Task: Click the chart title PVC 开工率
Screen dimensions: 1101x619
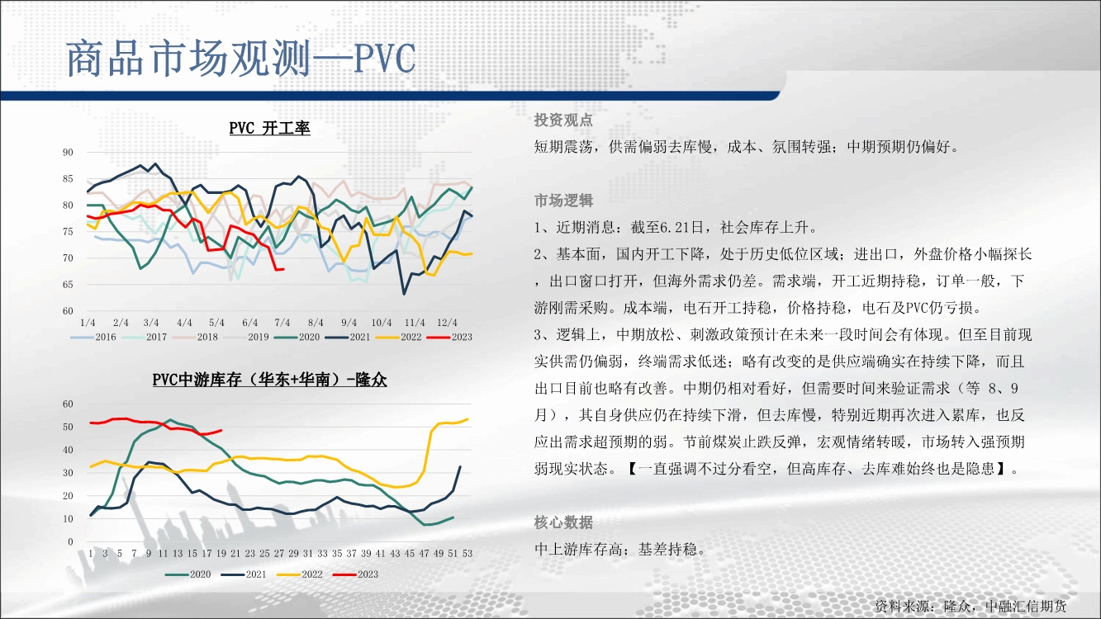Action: [x=269, y=128]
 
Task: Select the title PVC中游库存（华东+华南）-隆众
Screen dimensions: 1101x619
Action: [x=269, y=380]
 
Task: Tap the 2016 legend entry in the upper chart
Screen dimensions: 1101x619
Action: [x=93, y=337]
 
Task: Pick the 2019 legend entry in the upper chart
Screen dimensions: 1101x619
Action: [x=246, y=337]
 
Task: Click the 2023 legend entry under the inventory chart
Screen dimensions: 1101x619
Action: [x=355, y=574]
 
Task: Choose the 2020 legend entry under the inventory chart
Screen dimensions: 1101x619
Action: [x=187, y=574]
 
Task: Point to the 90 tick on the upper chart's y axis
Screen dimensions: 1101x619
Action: [x=68, y=153]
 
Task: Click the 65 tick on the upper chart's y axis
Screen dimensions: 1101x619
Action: [x=68, y=285]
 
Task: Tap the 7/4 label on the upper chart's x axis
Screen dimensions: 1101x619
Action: [x=282, y=323]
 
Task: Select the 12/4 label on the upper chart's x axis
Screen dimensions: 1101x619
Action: [x=447, y=323]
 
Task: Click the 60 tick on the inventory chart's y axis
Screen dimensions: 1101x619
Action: [x=68, y=404]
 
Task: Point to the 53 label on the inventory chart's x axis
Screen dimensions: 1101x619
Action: [x=467, y=554]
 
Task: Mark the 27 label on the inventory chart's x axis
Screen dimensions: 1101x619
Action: [x=279, y=554]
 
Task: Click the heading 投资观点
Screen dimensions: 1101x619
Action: [x=563, y=120]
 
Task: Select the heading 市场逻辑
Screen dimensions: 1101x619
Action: [x=563, y=201]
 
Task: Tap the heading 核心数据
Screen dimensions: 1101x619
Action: [x=563, y=522]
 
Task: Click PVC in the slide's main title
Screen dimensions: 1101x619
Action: [x=385, y=59]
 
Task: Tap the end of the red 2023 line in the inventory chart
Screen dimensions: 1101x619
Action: [x=221, y=430]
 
